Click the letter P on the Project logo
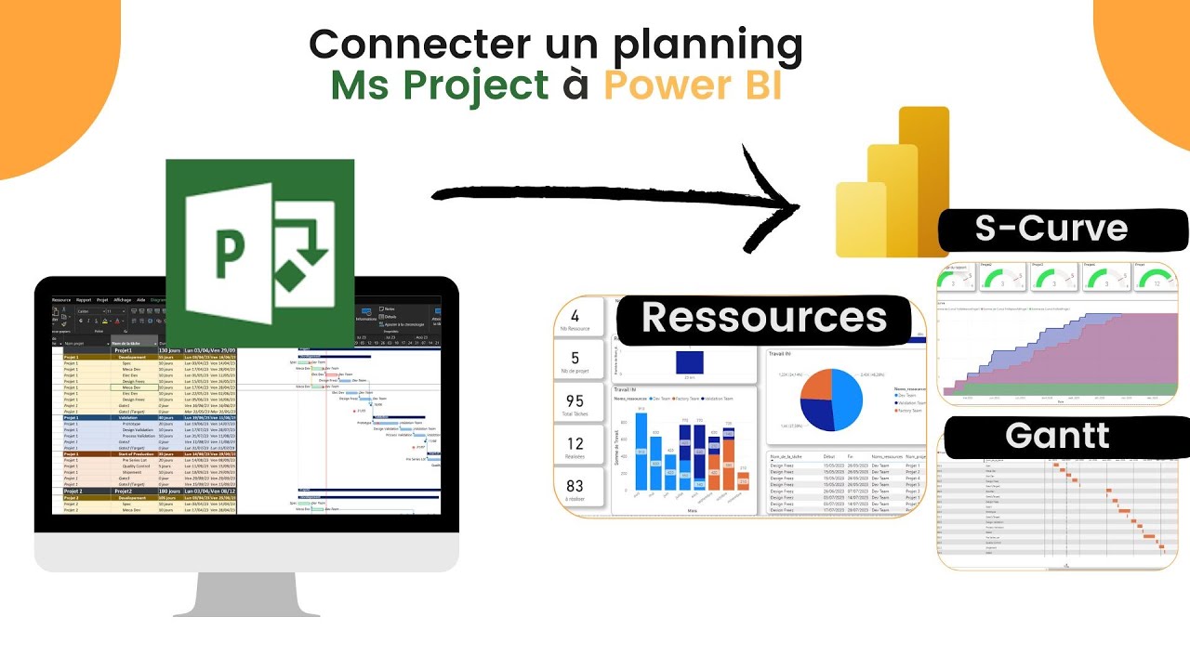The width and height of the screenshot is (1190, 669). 229,251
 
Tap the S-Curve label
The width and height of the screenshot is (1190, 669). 1051,229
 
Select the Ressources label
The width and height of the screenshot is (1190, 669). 763,318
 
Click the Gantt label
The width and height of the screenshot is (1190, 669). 1057,436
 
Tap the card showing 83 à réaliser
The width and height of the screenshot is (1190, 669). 575,490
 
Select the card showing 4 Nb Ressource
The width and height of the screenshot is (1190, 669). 575,321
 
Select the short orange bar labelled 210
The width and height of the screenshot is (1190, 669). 743,480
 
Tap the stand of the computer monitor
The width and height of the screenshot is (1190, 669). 246,595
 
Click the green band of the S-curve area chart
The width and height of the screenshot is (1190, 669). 1051,389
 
